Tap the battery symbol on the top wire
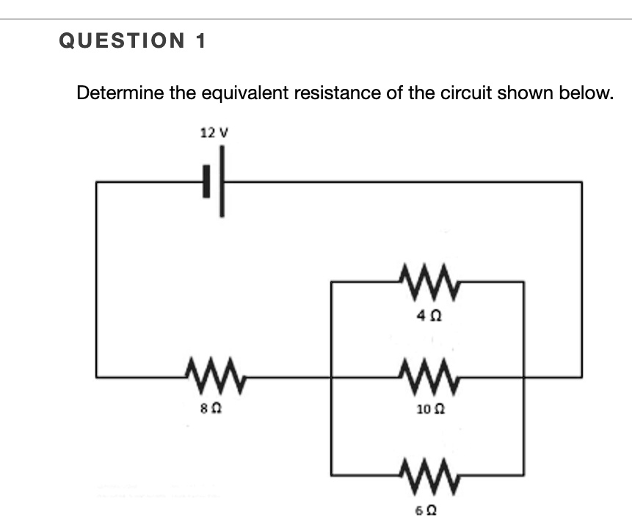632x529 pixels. coord(214,181)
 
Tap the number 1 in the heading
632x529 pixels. coord(200,42)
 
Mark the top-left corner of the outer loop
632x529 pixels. coord(96,181)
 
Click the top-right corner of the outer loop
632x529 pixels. coord(581,181)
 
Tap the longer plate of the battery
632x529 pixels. coord(221,181)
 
